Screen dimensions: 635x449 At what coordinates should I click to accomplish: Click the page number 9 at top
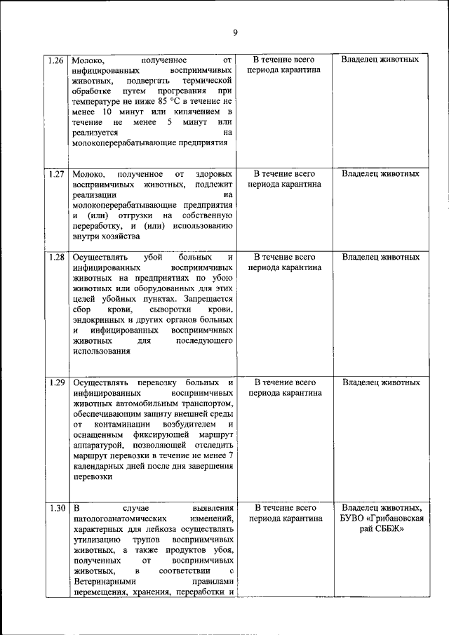(236, 33)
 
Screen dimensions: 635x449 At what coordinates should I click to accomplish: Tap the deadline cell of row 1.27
(283, 179)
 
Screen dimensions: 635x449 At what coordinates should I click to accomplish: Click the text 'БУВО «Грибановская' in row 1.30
(382, 519)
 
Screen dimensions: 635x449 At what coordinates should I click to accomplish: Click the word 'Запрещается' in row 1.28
(208, 298)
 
